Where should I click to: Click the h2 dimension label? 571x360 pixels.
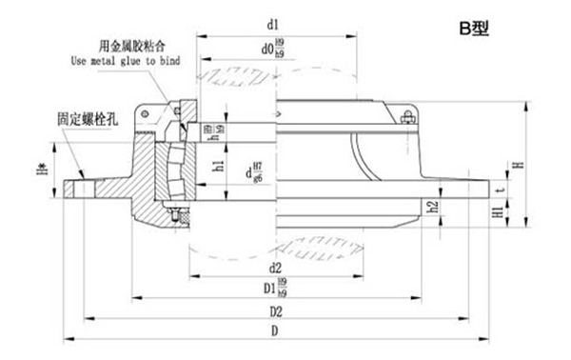(x=434, y=206)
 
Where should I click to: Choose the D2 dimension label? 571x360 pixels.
(x=275, y=310)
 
